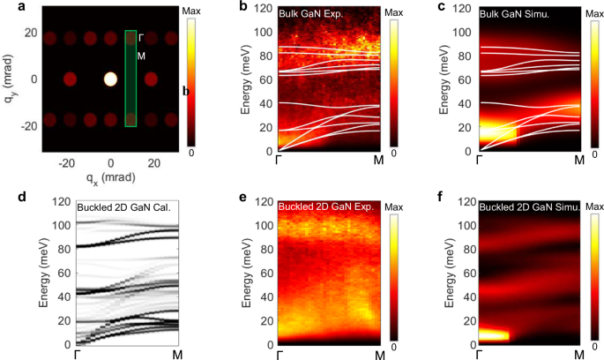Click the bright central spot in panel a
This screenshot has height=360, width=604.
pyautogui.click(x=110, y=79)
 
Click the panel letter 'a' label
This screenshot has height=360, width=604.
pyautogui.click(x=5, y=7)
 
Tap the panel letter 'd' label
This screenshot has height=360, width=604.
pyautogui.click(x=5, y=198)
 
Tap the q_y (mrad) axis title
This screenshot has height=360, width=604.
pyautogui.click(x=9, y=79)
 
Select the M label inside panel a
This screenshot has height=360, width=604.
pyautogui.click(x=142, y=55)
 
